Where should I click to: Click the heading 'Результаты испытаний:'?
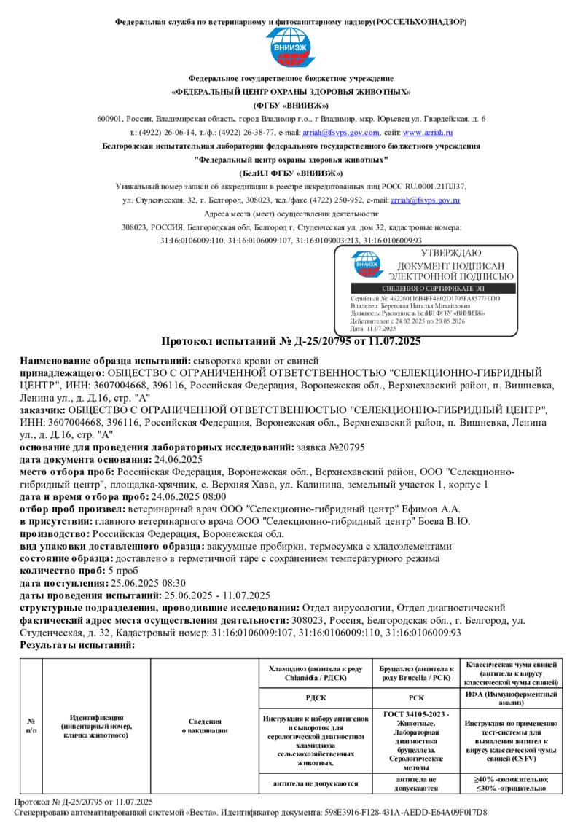coord(77,644)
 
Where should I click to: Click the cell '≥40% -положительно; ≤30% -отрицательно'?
coord(511,783)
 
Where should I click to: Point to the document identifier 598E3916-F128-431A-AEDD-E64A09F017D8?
coord(418,812)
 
